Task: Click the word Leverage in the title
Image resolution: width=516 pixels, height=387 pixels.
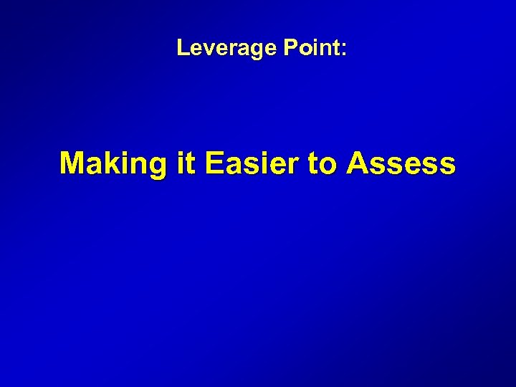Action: (x=227, y=49)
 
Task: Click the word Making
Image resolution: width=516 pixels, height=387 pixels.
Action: (x=113, y=164)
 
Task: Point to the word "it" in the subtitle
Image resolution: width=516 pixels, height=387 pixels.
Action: (x=185, y=164)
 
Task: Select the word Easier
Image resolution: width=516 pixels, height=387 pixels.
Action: (x=251, y=164)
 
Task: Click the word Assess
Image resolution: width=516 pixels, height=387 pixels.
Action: (x=401, y=164)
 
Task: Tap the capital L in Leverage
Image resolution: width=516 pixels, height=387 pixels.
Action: (x=182, y=49)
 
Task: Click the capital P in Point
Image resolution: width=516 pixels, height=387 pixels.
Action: (x=290, y=49)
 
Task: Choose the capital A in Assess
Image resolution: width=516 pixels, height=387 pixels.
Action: (x=358, y=163)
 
